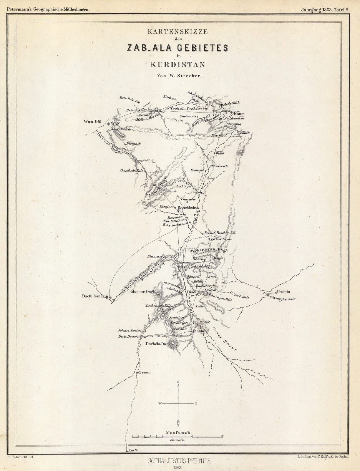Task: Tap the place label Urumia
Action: [x=283, y=292]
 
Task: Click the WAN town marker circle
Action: [x=109, y=124]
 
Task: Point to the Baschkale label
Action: [x=188, y=208]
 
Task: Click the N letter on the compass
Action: [x=178, y=382]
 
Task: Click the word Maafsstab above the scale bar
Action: [x=179, y=433]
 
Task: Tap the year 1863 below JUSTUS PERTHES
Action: [x=178, y=467]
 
